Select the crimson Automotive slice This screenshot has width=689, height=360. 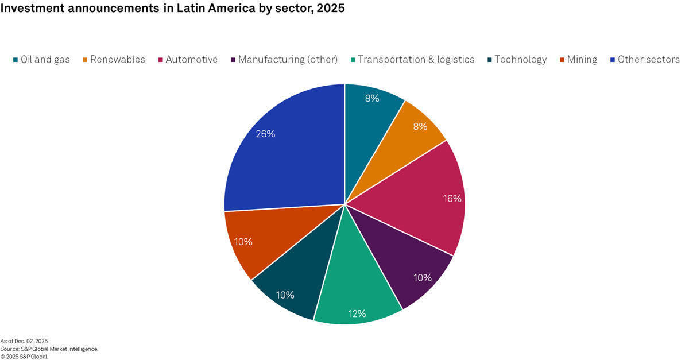click(419, 195)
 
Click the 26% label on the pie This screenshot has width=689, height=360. click(266, 134)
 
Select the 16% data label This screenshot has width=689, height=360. click(452, 199)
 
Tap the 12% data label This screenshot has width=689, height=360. click(357, 313)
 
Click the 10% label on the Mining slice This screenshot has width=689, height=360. click(243, 242)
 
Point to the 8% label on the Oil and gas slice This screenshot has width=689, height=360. click(372, 98)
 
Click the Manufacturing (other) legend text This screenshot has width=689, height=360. click(288, 60)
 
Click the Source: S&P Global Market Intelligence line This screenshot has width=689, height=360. click(49, 349)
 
